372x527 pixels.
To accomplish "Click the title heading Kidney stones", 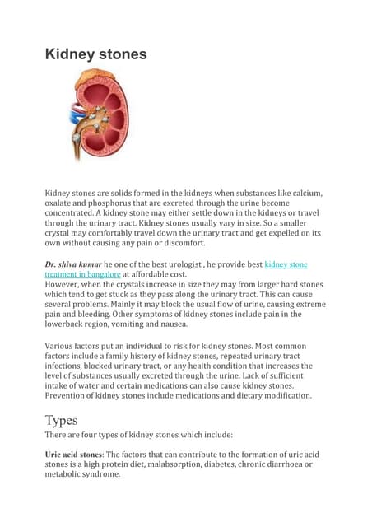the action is (x=95, y=54).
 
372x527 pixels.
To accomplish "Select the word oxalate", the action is (x=63, y=205).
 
